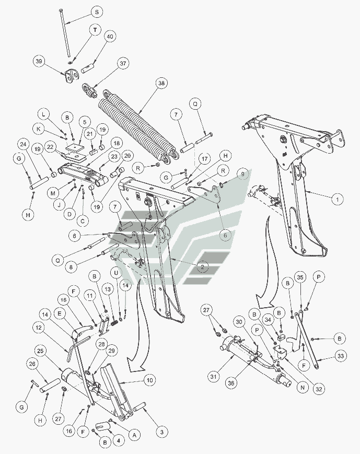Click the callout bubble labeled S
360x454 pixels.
pos(97,12)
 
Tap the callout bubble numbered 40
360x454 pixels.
pos(110,37)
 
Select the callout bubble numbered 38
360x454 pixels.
pos(161,84)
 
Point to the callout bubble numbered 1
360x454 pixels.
pos(337,199)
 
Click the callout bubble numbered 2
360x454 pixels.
pos(202,267)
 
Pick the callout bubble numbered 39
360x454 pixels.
pos(39,61)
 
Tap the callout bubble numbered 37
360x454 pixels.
pos(123,63)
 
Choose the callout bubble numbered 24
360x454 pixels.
pos(24,145)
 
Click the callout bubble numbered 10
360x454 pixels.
pos(149,380)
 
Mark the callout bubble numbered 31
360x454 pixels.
pos(214,377)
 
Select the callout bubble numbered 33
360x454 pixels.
pos(341,356)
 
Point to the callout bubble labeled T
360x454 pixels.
pos(95,30)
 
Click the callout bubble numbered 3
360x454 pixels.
pos(161,432)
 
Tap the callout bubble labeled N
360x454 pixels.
pos(303,388)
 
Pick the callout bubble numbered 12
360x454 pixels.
pos(39,328)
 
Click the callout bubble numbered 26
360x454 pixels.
pos(33,364)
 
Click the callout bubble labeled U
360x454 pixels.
pos(116,273)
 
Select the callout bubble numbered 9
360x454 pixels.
pos(242,174)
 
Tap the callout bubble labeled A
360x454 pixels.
pos(134,435)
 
